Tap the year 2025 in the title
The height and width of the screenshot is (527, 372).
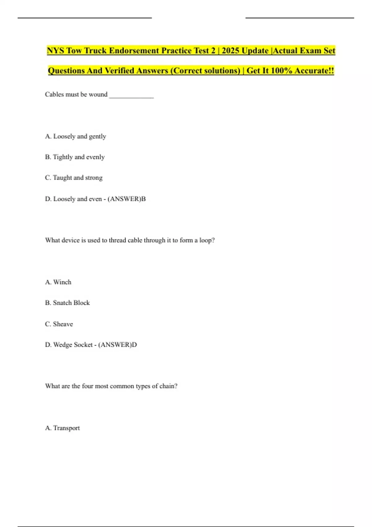pos(230,51)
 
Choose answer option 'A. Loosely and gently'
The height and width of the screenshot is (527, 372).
pos(75,136)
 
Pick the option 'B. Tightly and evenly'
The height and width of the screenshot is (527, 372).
pos(75,157)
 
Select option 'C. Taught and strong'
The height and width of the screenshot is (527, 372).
pos(74,178)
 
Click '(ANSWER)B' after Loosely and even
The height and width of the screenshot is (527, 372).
pos(126,199)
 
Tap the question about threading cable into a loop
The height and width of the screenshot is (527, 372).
pos(130,240)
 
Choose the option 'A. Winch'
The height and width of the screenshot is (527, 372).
pos(58,282)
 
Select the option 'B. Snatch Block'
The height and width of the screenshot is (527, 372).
pos(67,303)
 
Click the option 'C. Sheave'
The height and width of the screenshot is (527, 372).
pos(59,324)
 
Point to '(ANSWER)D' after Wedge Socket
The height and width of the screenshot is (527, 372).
pos(117,345)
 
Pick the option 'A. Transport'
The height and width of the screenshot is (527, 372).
pos(62,428)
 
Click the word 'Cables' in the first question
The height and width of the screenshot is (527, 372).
pos(54,94)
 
